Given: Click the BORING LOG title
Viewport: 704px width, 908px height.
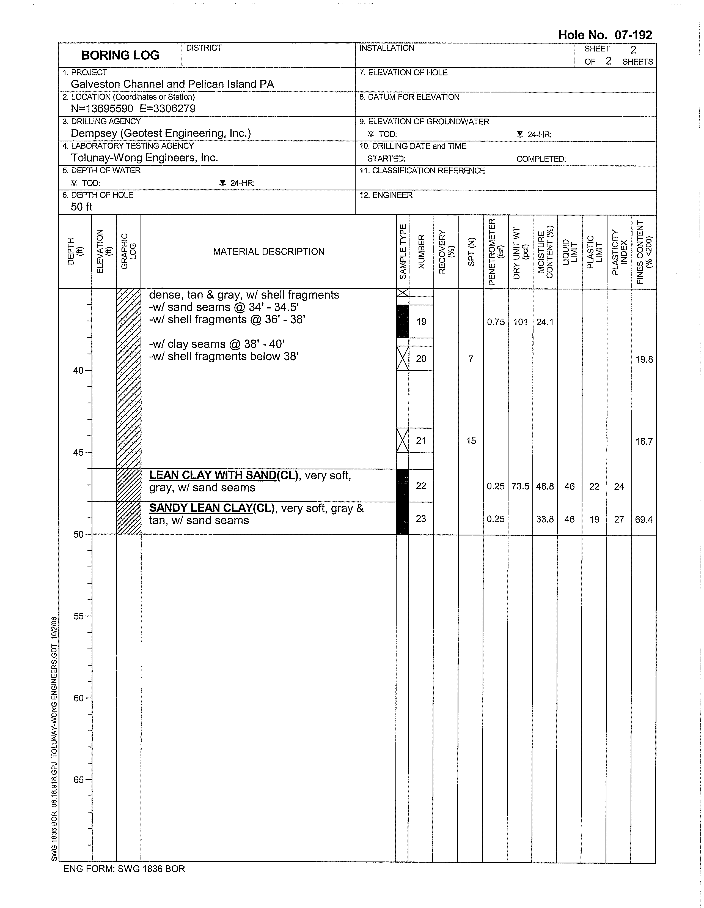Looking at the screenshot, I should [120, 55].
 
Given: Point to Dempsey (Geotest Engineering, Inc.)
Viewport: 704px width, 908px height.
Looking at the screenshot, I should [161, 133].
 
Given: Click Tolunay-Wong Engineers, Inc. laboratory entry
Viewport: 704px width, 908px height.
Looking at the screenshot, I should [144, 158].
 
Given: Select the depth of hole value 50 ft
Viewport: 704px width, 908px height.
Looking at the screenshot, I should [81, 207].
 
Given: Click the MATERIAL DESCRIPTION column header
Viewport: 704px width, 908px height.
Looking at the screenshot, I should [268, 251].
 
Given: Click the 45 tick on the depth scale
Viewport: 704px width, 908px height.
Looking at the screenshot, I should [79, 452].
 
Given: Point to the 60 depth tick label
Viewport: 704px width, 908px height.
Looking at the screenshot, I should [79, 698].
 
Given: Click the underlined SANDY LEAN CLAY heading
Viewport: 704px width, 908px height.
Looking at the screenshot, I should [201, 508].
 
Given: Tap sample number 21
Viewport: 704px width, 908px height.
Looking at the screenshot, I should [421, 441].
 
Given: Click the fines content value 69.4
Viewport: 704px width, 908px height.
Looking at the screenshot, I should [644, 519].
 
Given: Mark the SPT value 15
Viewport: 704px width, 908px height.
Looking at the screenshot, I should [471, 441].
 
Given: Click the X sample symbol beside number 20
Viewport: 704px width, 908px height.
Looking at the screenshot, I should [402, 358].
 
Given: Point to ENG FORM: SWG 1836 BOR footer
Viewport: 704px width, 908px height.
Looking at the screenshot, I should [124, 868].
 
